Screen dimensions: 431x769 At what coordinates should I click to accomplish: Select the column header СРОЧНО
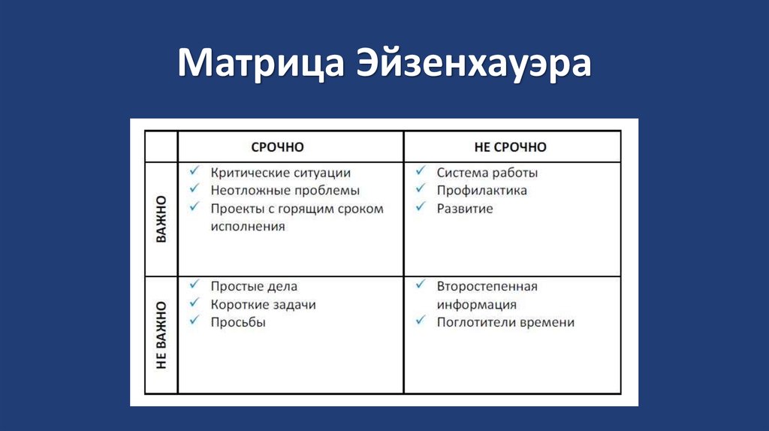coord(277,147)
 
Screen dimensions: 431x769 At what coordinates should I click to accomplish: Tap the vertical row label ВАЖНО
coord(161,219)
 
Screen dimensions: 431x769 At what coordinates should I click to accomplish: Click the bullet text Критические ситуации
coord(280,173)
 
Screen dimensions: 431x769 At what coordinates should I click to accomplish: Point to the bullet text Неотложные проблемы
coord(285,191)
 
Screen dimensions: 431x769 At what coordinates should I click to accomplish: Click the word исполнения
coord(248,226)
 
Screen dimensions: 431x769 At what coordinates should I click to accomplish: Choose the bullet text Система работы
coord(487,173)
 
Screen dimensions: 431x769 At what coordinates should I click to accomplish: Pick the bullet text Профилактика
coord(482,191)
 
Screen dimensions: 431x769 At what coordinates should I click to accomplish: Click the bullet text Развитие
coord(465,209)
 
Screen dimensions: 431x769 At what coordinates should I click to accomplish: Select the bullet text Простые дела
coord(254,286)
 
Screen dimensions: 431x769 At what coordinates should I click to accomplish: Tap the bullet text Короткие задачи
coord(263,305)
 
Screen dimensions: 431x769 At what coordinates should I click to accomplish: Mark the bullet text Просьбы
coord(238,322)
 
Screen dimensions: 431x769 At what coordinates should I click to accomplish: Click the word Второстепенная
coord(487,286)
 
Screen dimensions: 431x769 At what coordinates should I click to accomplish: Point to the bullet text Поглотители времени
coord(505,322)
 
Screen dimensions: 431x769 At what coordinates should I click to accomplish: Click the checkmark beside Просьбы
coord(195,321)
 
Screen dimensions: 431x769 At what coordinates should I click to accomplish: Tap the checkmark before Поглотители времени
coord(421,321)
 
